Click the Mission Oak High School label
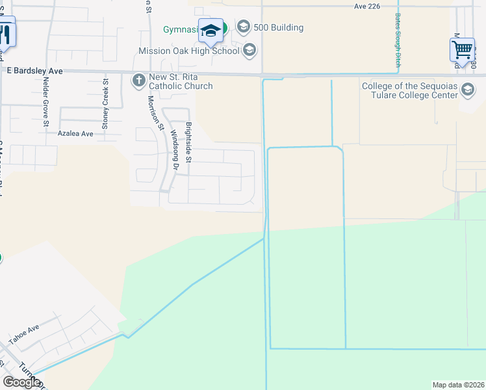click(189, 51)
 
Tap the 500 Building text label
click(279, 27)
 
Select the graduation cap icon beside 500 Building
click(244, 27)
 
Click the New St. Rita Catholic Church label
click(181, 82)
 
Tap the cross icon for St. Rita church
click(138, 81)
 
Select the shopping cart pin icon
click(462, 49)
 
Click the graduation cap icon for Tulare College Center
click(467, 90)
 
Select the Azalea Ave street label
click(75, 133)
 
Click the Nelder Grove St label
click(45, 100)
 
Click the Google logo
click(21, 382)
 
